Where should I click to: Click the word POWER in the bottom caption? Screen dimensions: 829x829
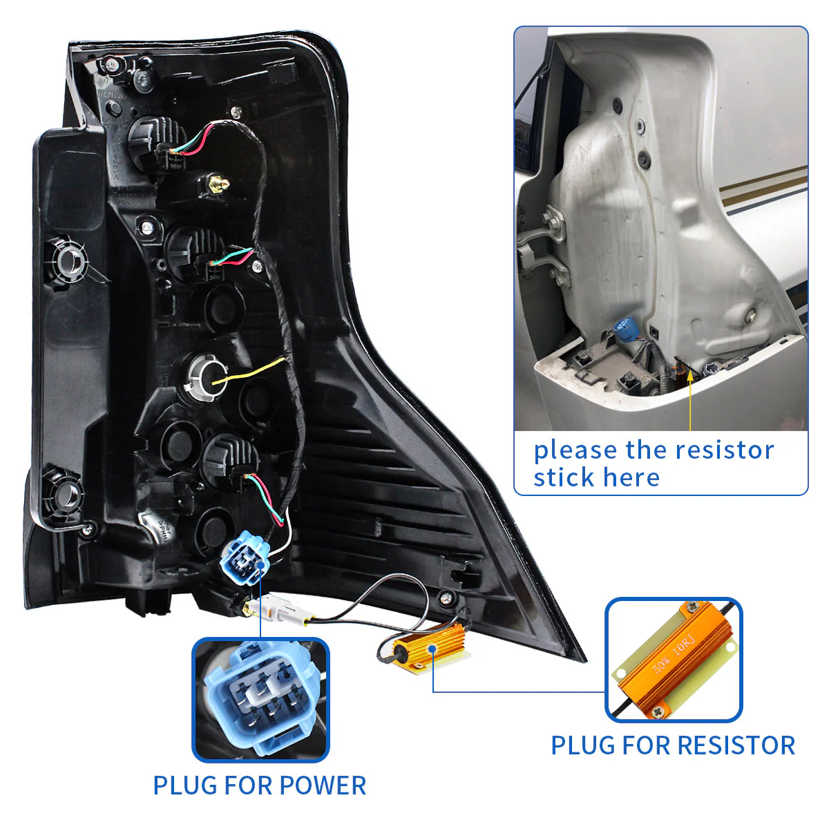coord(323,785)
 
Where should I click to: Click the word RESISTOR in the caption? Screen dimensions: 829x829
coord(736,745)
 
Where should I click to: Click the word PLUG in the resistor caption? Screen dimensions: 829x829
coord(582,745)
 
